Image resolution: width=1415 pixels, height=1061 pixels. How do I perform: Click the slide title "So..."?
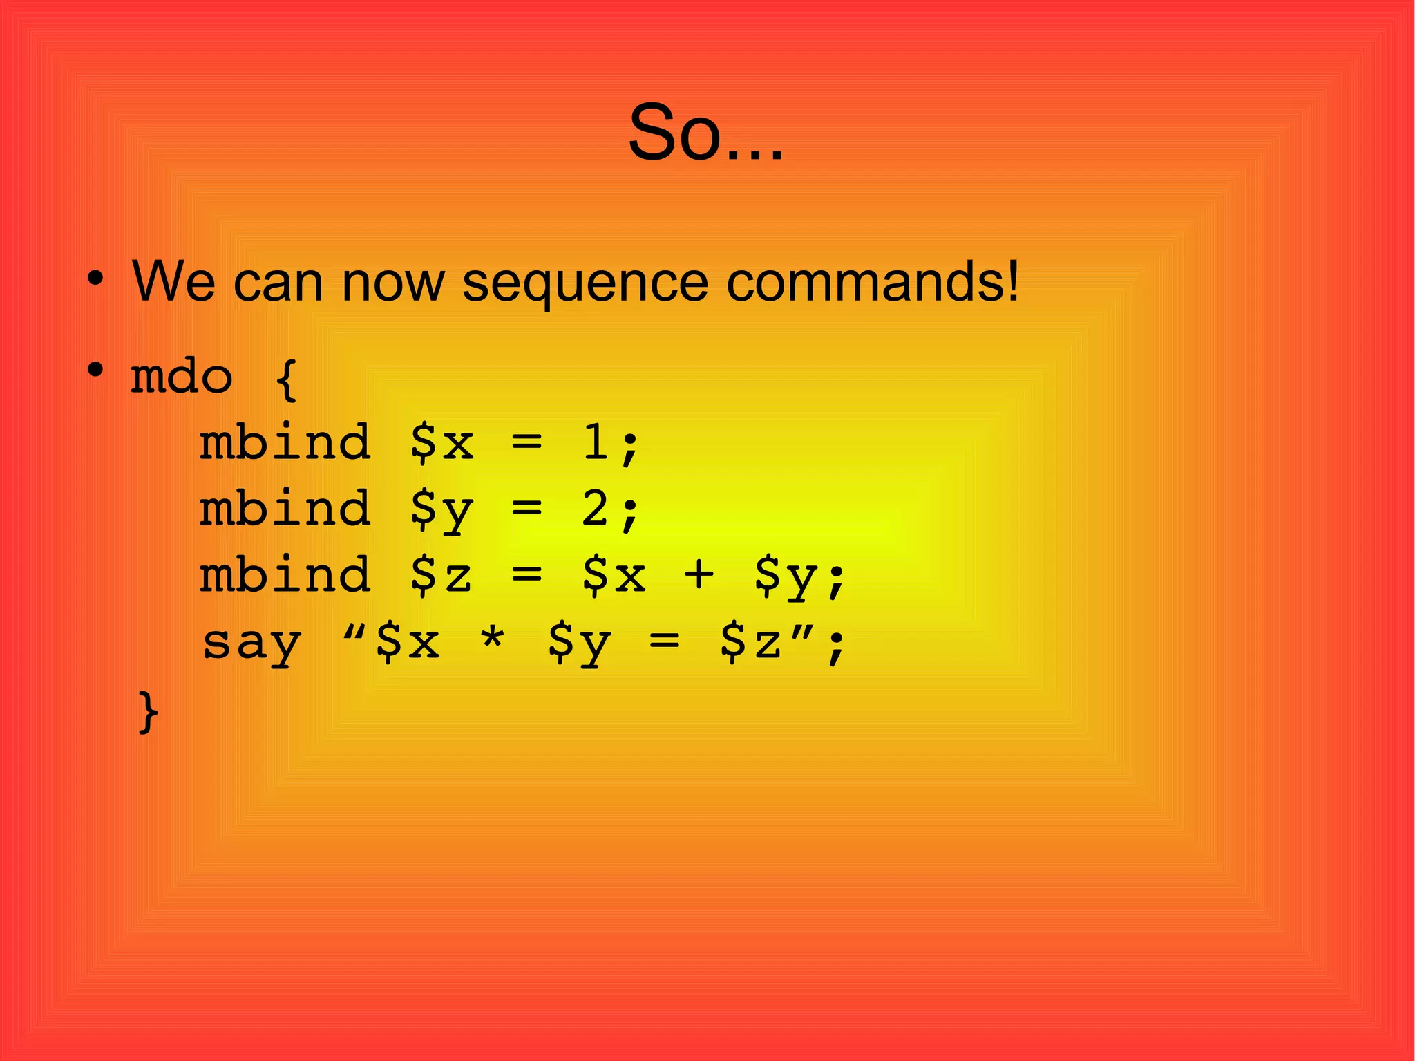pyautogui.click(x=705, y=133)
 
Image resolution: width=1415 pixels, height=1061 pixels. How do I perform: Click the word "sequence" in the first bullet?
pyautogui.click(x=585, y=282)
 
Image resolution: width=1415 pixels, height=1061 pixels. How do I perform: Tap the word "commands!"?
pyautogui.click(x=873, y=282)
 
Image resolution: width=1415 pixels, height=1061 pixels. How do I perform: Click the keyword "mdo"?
pyautogui.click(x=182, y=377)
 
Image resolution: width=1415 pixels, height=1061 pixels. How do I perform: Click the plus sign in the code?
pyautogui.click(x=699, y=575)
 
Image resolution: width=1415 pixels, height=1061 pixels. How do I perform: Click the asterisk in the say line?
pyautogui.click(x=492, y=641)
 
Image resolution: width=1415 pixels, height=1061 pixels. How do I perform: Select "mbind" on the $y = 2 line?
pyautogui.click(x=285, y=509)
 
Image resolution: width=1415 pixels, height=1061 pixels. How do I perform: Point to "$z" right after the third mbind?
pyautogui.click(x=441, y=575)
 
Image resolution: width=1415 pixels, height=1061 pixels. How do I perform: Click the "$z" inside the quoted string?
pyautogui.click(x=750, y=641)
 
